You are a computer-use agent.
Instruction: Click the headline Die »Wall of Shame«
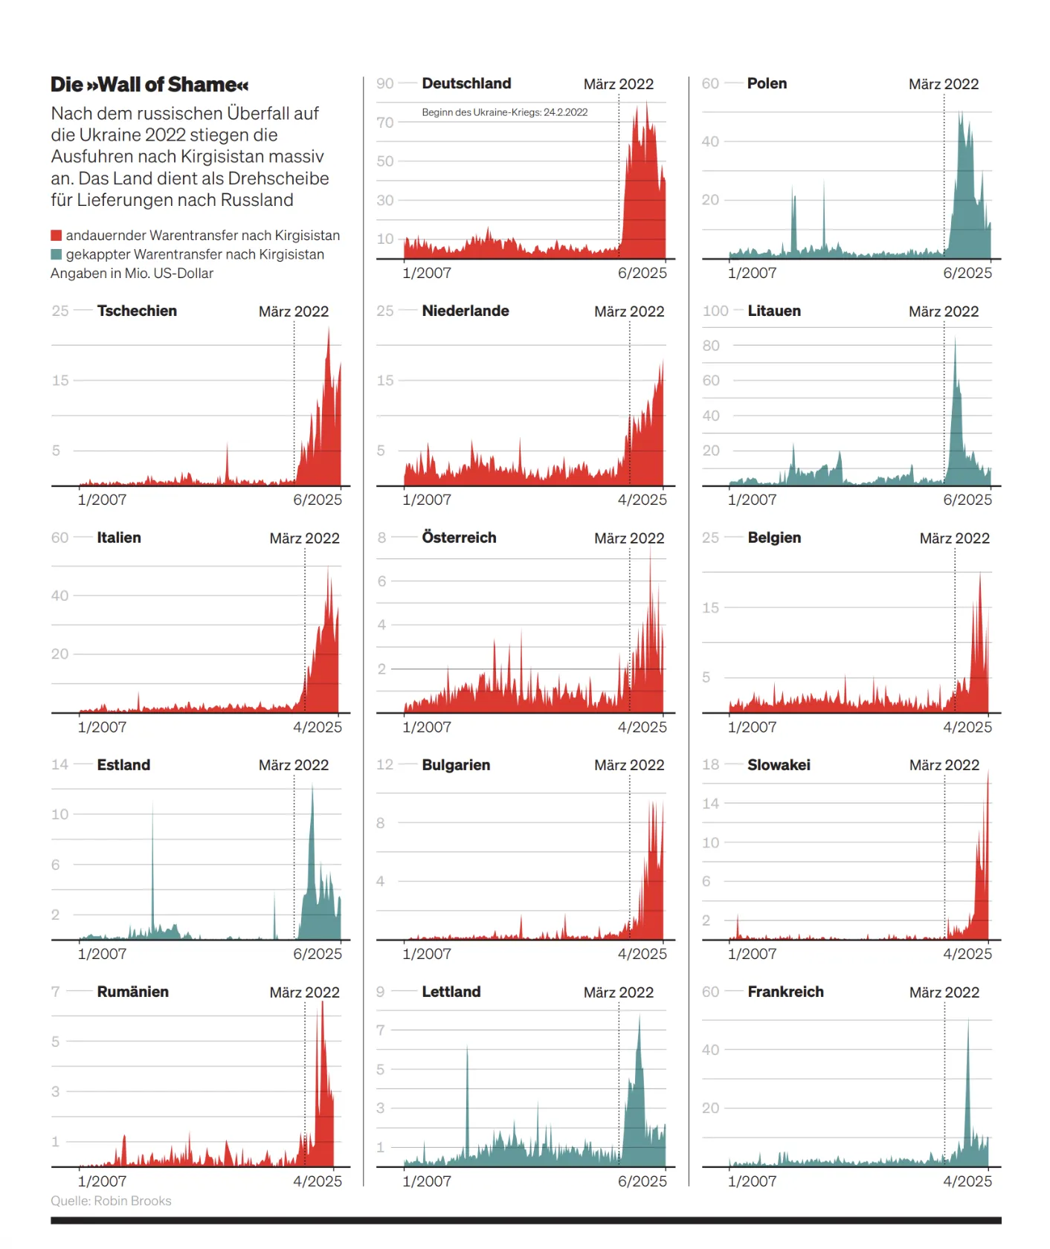coord(149,85)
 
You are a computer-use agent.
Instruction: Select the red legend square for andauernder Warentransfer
coord(57,236)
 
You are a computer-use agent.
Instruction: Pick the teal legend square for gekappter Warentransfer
coord(57,255)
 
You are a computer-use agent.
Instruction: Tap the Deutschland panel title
coord(466,84)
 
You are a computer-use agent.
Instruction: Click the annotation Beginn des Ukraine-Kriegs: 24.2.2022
coord(504,112)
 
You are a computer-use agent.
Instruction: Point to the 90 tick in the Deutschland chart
coord(384,84)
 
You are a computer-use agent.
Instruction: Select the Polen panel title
coord(767,84)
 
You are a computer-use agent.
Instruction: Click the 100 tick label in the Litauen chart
coord(715,312)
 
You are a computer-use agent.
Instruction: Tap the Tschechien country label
coord(137,312)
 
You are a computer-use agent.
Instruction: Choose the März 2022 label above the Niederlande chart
coord(629,312)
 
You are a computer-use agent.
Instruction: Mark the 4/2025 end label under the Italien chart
coord(318,727)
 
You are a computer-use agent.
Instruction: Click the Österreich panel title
coord(459,538)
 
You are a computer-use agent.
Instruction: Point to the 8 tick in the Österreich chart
coord(381,538)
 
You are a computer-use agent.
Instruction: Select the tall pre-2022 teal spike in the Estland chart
coord(153,855)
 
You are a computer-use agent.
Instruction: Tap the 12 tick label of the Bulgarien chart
coord(384,765)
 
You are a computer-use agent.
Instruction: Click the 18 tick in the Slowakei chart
coord(710,765)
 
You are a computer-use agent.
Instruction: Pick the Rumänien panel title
coord(132,992)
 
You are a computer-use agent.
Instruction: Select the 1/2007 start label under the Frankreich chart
coord(752,1181)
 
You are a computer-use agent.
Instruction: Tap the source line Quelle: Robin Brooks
coord(111,1201)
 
